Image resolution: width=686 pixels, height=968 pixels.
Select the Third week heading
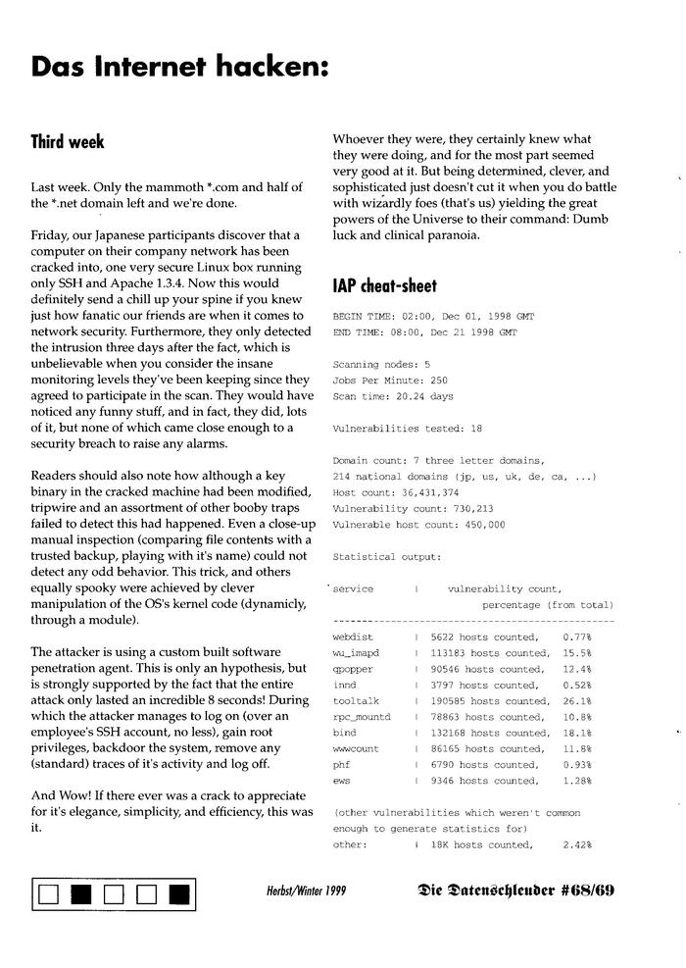[68, 142]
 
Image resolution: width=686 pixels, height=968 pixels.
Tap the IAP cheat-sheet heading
[385, 286]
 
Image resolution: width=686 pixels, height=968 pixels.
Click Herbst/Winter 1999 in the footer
[306, 892]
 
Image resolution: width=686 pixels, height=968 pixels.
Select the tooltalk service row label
[356, 701]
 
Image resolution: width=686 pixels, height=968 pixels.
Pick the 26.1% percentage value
[576, 701]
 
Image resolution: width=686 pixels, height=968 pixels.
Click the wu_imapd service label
[356, 653]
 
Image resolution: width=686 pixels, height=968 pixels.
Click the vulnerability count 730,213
[465, 508]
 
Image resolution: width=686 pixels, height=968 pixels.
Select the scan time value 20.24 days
[424, 396]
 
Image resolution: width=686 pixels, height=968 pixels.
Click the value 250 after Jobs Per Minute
[439, 381]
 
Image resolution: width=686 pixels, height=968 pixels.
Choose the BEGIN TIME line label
[361, 318]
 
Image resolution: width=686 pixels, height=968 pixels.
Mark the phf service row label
[342, 764]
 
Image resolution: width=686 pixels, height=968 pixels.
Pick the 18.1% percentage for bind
[576, 733]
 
